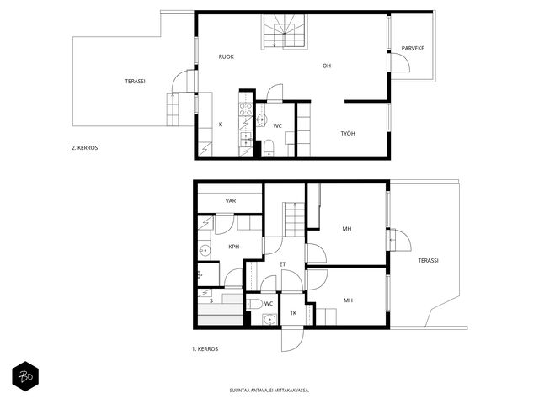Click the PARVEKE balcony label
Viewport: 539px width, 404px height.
click(413, 49)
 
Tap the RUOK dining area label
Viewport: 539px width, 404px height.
click(227, 56)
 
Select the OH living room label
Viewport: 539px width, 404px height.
click(327, 66)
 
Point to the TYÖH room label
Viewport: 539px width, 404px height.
click(348, 133)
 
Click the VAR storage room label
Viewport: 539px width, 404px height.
click(231, 200)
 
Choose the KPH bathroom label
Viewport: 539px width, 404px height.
click(234, 247)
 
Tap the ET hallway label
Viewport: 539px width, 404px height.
click(282, 264)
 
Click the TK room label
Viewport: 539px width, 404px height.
click(293, 313)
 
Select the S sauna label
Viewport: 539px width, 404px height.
click(211, 301)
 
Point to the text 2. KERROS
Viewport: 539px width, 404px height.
click(84, 148)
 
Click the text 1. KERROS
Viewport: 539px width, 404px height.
click(205, 348)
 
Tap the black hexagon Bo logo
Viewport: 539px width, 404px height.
click(25, 376)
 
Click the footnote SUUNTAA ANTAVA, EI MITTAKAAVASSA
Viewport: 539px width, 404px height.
click(269, 391)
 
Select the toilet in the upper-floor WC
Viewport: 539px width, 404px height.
click(268, 147)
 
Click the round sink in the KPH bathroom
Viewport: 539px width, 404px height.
click(205, 251)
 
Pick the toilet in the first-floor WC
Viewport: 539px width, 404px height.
click(254, 304)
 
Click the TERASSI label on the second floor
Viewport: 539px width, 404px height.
click(135, 82)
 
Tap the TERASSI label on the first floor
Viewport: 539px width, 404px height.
click(428, 260)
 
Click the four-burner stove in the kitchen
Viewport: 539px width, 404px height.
click(245, 109)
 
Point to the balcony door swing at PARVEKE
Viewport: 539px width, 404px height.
click(401, 62)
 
